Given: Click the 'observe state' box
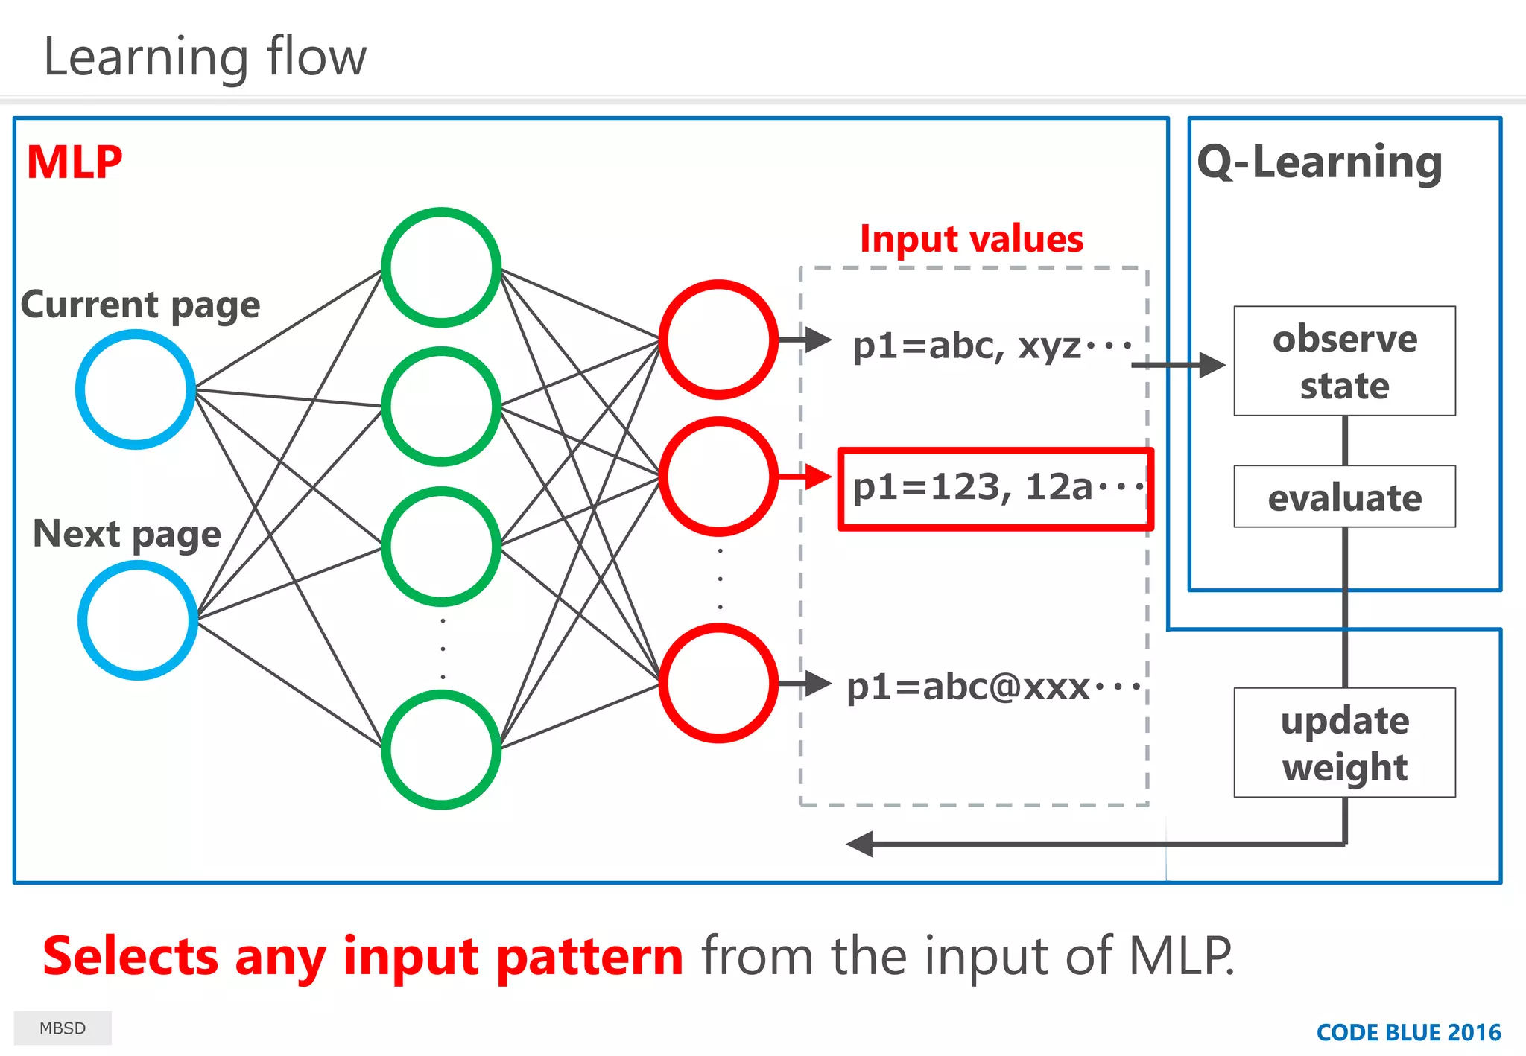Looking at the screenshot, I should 1344,361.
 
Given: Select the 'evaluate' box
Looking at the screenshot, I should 1344,497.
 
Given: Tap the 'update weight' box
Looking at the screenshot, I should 1344,742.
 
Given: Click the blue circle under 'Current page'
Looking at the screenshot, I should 136,389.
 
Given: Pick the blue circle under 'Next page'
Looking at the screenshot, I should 138,620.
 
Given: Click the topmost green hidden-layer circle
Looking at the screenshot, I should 441,267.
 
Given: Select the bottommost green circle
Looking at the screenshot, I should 441,749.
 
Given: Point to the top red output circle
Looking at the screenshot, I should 718,340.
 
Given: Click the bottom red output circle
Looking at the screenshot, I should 718,683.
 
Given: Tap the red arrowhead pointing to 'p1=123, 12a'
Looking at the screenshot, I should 819,477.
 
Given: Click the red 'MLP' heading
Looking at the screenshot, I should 75,162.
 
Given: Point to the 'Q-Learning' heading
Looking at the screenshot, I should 1320,162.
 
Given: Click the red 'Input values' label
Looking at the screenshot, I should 972,239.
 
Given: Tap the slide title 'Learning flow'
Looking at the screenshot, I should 205,57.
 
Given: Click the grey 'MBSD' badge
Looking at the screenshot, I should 63,1028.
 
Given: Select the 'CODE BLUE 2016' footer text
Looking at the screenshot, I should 1408,1032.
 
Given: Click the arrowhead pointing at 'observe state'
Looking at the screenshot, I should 1212,365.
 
